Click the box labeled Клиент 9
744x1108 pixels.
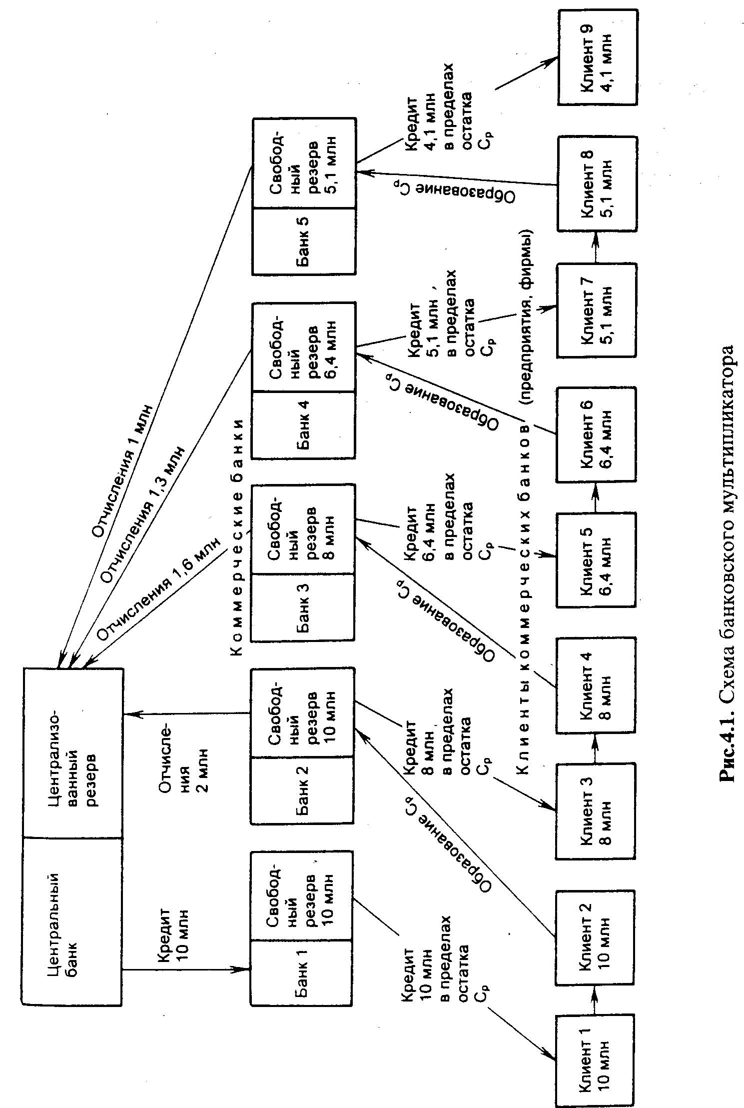pyautogui.click(x=598, y=56)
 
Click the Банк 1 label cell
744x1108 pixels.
pyautogui.click(x=301, y=973)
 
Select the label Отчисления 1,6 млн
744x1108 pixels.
pyautogui.click(x=158, y=589)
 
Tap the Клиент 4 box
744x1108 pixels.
pyautogui.click(x=596, y=685)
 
